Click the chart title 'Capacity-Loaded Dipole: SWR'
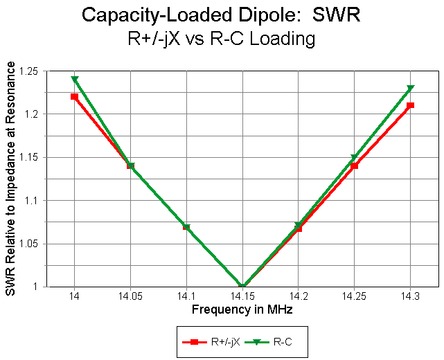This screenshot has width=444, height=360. pyautogui.click(x=221, y=15)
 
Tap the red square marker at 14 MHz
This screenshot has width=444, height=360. pyautogui.click(x=74, y=96)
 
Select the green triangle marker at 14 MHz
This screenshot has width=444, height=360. pyautogui.click(x=74, y=80)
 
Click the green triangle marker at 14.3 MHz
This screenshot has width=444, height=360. pyautogui.click(x=411, y=88)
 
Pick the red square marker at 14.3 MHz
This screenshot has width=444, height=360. pyautogui.click(x=411, y=105)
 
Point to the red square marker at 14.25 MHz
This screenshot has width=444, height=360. pyautogui.click(x=355, y=166)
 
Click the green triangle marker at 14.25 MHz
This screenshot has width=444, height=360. pyautogui.click(x=355, y=158)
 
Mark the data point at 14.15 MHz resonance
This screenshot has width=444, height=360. pyautogui.click(x=242, y=286)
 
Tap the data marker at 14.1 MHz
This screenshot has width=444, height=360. pyautogui.click(x=186, y=227)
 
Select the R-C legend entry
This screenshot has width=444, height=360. pyautogui.click(x=273, y=341)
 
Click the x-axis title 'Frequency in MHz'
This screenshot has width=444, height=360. pyautogui.click(x=242, y=310)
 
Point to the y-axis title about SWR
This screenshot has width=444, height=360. pyautogui.click(x=10, y=179)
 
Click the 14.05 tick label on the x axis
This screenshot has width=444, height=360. pyautogui.click(x=130, y=296)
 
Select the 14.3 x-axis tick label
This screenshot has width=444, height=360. pyautogui.click(x=411, y=296)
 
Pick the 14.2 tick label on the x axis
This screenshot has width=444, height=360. pyautogui.click(x=299, y=296)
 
